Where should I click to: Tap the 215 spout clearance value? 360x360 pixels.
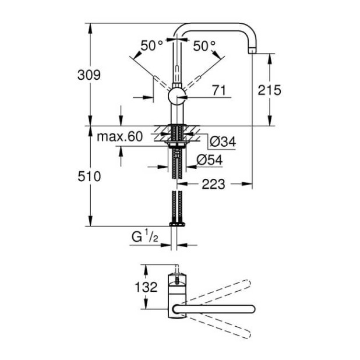[271, 90]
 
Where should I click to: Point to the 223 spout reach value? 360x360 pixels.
[213, 184]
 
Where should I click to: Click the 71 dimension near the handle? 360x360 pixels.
[218, 90]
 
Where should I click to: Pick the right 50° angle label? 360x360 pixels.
[204, 45]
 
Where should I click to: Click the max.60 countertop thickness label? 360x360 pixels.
[119, 137]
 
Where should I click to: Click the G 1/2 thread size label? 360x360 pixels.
[143, 237]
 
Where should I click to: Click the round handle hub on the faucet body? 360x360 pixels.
[177, 96]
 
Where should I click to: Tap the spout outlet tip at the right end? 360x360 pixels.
[252, 51]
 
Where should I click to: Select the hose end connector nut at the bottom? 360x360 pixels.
[177, 224]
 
